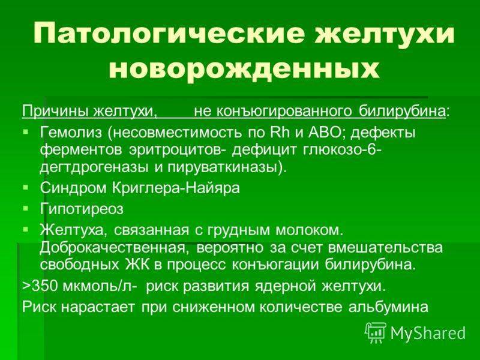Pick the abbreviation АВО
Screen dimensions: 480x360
click(x=325, y=133)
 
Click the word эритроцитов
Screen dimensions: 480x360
click(x=178, y=151)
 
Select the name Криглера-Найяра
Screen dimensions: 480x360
click(x=176, y=188)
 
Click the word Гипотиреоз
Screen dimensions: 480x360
click(x=82, y=209)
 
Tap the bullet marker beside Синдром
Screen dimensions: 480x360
click(x=26, y=187)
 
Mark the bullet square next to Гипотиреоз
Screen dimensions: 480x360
click(x=26, y=208)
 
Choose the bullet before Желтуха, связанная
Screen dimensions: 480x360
click(x=26, y=229)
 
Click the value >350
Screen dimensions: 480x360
click(x=40, y=286)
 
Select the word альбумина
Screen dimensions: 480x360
click(x=388, y=307)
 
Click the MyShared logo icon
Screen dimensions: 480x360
click(x=376, y=333)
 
